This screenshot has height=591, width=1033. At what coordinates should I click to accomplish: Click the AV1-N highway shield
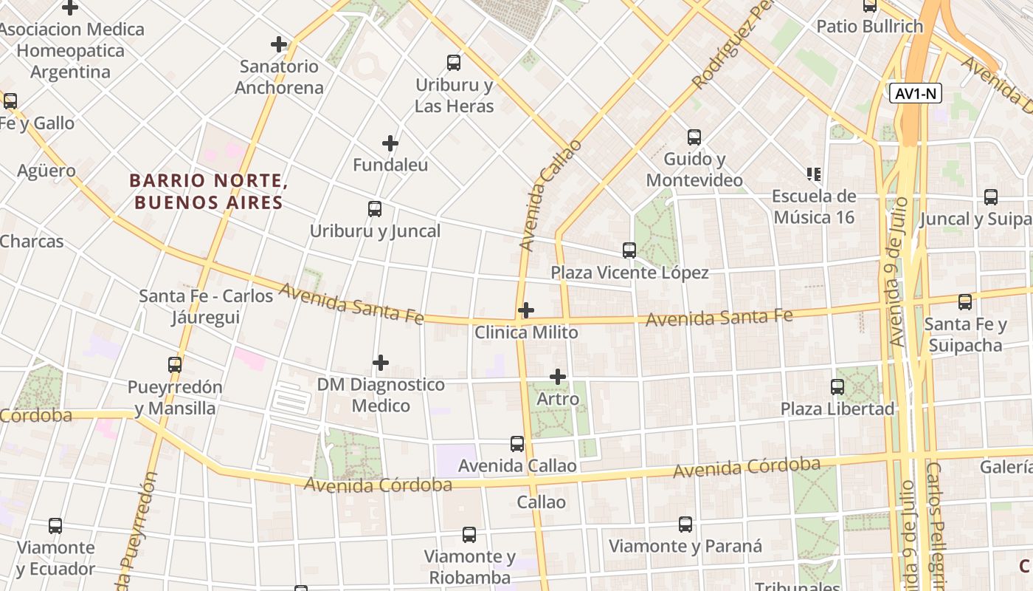[916, 94]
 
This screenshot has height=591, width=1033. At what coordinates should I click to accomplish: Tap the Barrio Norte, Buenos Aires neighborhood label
[208, 191]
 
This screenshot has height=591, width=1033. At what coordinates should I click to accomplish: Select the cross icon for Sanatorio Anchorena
[279, 44]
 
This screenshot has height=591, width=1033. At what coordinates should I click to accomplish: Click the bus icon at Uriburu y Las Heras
[454, 63]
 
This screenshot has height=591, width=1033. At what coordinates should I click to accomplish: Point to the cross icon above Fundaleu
[390, 143]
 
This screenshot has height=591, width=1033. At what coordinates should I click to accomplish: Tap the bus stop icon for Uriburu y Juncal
[375, 209]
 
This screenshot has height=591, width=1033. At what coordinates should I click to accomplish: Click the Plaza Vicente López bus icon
[629, 250]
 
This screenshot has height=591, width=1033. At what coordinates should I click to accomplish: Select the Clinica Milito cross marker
[526, 310]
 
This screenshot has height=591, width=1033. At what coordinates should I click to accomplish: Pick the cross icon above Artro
[558, 377]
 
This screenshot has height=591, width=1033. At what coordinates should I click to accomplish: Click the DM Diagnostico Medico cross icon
[381, 363]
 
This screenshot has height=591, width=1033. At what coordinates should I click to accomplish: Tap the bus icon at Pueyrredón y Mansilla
[175, 365]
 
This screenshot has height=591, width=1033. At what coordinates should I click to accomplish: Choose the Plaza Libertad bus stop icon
[837, 387]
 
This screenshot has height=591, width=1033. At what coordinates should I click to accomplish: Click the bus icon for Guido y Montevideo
[694, 137]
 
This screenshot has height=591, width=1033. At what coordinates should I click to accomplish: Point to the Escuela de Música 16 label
[814, 207]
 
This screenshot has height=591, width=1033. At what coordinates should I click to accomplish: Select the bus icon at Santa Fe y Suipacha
[965, 302]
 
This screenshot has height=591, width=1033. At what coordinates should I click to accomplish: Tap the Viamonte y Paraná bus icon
[685, 525]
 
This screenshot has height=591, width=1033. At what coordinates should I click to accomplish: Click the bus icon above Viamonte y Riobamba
[469, 535]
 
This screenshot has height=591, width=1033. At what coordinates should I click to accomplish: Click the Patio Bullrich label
[869, 27]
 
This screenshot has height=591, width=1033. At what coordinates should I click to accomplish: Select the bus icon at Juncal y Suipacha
[991, 197]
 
